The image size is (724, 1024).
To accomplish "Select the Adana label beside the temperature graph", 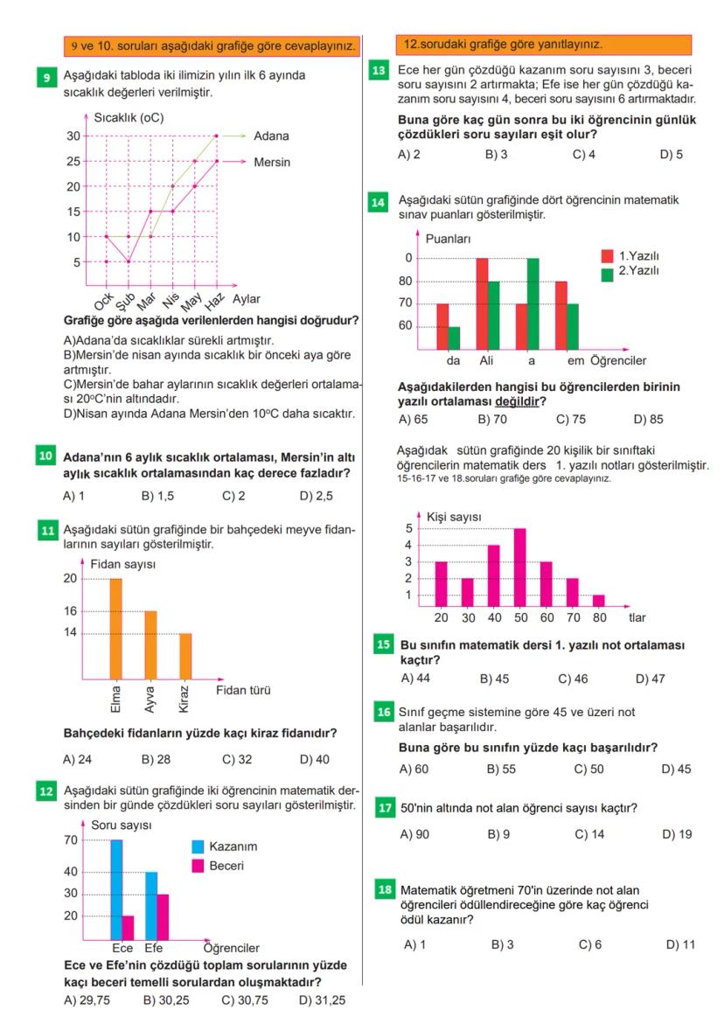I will click(x=271, y=136).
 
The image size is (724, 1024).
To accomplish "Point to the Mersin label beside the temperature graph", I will click(x=273, y=162).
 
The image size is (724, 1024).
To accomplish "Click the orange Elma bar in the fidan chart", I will click(x=115, y=628).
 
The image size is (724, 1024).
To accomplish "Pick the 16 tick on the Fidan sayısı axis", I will click(x=70, y=611).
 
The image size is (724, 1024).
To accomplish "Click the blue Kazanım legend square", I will click(x=198, y=846).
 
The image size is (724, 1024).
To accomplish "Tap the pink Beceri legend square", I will click(x=198, y=866).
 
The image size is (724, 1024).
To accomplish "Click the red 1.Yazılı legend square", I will click(x=607, y=255).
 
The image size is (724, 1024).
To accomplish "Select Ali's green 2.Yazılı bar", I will click(x=494, y=313).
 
